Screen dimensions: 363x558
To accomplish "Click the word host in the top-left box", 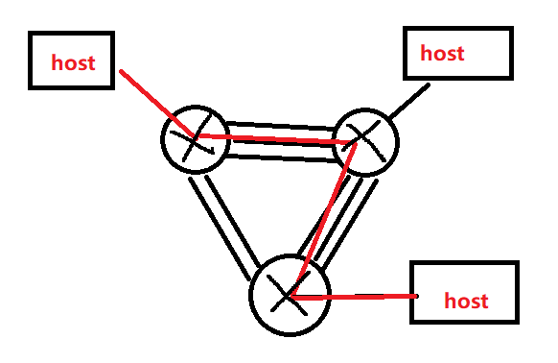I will [74, 63].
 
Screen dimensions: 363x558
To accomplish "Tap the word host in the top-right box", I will [442, 52].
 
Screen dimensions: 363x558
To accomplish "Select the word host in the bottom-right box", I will [466, 301].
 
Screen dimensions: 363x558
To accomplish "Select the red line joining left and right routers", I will [278, 140].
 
